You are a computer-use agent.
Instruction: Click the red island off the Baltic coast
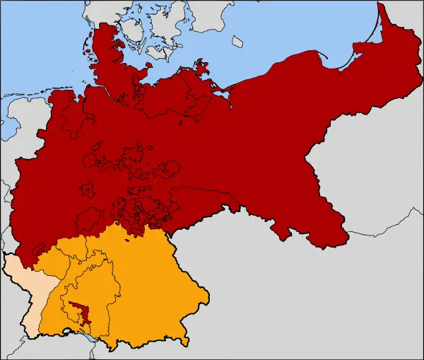click(x=204, y=69)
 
